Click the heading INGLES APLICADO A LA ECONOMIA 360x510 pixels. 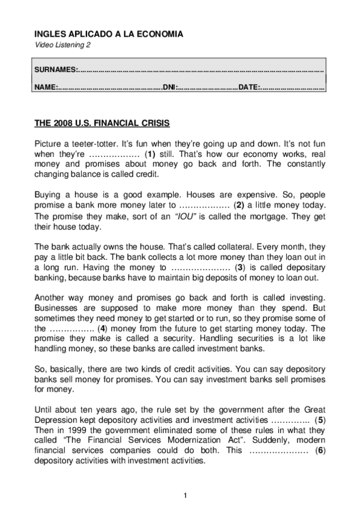point(108,34)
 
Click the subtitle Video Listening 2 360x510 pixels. point(63,46)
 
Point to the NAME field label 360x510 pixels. point(46,87)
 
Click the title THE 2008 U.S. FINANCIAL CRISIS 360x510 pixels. point(102,123)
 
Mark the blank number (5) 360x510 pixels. point(321,420)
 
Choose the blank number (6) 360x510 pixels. point(321,450)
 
